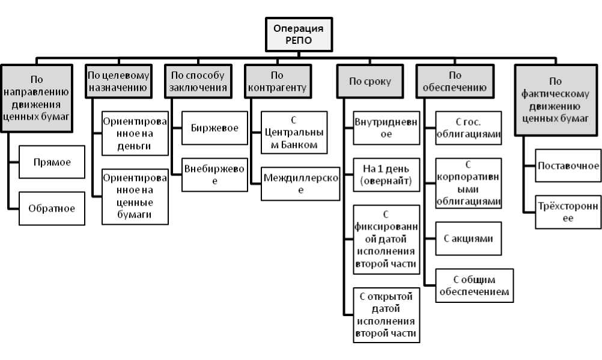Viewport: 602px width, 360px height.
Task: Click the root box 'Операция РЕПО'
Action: pos(299,35)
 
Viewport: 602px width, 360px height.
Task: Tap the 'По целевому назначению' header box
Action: pos(118,81)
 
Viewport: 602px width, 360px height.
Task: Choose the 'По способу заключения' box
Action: pos(198,81)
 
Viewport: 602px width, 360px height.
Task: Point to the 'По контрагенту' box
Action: pos(277,81)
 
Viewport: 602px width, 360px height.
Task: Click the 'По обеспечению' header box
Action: pos(455,81)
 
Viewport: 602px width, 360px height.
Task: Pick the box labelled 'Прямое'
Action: pos(52,162)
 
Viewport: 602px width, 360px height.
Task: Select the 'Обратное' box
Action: pos(52,209)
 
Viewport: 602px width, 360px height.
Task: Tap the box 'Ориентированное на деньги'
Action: pos(135,133)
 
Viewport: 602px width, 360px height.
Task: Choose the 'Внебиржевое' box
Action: pos(214,175)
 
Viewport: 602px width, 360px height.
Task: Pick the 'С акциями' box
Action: pos(468,239)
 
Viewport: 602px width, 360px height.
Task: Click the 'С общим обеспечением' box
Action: pos(474,285)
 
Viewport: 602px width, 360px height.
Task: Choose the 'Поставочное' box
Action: pos(568,165)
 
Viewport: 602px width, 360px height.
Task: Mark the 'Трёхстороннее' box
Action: pos(568,212)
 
